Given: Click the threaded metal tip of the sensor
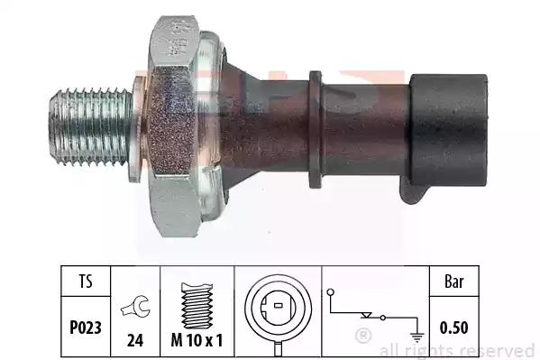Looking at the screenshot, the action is click(x=90, y=126).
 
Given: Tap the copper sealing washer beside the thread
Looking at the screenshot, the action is click(x=137, y=129).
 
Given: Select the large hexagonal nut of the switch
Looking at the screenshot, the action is click(x=174, y=126).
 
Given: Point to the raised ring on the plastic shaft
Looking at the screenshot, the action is click(x=316, y=130).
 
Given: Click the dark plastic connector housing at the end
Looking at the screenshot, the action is click(x=448, y=130).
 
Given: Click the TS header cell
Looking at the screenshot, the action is click(x=86, y=281).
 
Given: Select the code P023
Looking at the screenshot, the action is click(x=86, y=328).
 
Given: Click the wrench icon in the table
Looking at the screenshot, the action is click(x=135, y=306).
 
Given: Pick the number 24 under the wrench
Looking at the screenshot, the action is click(x=135, y=340).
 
